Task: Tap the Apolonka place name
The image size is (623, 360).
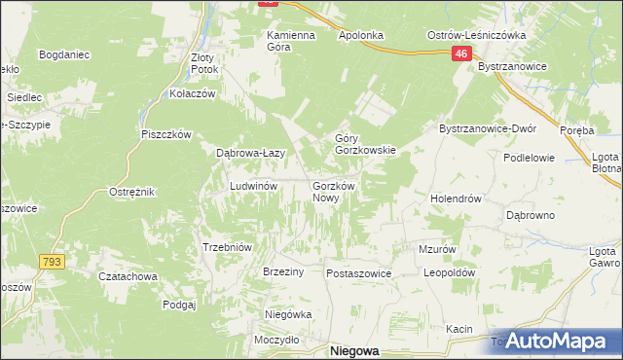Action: coord(362,35)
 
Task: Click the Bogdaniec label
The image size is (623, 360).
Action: coord(64,54)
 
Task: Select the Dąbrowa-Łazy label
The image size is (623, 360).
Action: coord(249,153)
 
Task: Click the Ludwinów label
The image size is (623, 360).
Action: coord(254,185)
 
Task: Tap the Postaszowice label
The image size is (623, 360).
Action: coord(358,274)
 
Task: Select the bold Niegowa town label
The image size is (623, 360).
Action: coord(354,351)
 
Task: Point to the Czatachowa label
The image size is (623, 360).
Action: coord(128,276)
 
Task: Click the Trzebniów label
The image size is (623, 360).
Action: coord(227,247)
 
